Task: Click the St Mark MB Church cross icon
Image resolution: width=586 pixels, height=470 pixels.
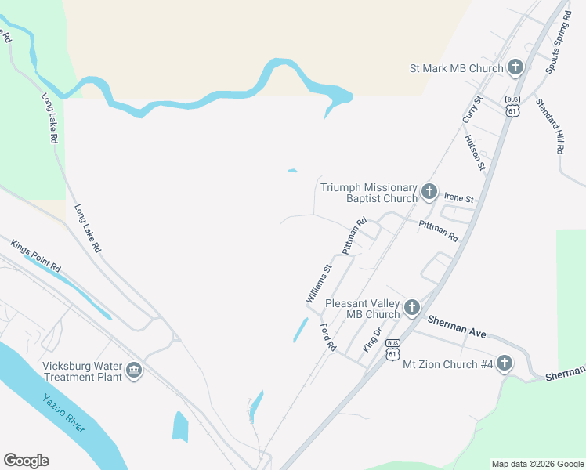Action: [515, 67]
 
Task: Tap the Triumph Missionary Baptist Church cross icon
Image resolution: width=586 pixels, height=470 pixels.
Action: [429, 191]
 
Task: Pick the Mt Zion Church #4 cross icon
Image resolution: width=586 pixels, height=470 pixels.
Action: [505, 363]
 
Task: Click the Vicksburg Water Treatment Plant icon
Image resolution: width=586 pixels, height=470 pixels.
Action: [133, 370]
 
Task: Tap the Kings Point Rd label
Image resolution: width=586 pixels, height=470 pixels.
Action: [35, 255]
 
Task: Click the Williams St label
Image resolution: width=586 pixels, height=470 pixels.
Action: [319, 284]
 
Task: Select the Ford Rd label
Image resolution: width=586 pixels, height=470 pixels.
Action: [328, 338]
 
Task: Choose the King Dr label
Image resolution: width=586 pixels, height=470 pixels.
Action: [371, 339]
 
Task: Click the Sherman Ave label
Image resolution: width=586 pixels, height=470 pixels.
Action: [457, 327]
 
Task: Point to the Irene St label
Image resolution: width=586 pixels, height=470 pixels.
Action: [459, 199]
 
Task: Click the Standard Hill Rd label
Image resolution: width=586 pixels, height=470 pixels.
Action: [550, 125]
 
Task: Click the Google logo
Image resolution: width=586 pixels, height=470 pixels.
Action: [26, 461]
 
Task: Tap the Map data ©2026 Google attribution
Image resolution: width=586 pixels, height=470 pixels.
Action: [537, 464]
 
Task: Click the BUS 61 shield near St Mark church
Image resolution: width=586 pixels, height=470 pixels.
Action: [512, 107]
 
